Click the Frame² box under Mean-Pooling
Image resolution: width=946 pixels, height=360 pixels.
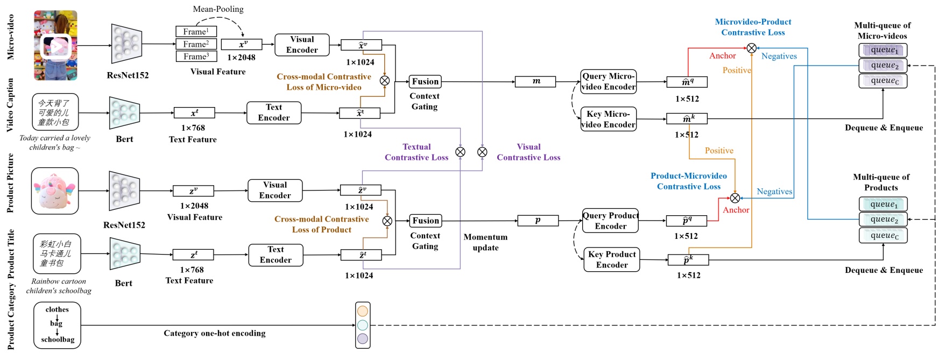[196, 44]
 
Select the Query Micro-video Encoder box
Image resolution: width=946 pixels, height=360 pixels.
[609, 82]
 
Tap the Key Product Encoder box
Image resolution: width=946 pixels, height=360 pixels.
[612, 259]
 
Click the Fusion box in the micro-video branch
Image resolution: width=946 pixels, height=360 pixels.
[425, 82]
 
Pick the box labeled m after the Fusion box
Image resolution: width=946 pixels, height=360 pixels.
[536, 81]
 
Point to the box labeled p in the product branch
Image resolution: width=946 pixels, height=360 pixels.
[538, 220]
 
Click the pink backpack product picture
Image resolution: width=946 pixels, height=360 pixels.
[55, 190]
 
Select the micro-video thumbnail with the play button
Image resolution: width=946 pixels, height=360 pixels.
[55, 46]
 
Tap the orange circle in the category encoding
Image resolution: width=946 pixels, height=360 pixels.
[363, 311]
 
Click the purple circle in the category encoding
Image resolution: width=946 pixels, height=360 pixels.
[363, 338]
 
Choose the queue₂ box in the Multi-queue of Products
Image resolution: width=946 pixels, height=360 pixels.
[883, 220]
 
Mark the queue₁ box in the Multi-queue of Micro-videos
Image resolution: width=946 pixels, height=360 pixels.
[883, 50]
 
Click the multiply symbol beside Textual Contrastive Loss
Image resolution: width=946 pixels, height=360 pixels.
[461, 152]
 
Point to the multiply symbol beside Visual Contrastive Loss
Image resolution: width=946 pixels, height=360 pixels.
[482, 152]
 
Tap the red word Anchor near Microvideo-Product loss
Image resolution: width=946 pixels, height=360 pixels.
[722, 56]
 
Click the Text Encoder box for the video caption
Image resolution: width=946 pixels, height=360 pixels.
[274, 112]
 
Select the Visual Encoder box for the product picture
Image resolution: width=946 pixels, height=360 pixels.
[275, 190]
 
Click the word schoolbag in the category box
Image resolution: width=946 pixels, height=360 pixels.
[58, 340]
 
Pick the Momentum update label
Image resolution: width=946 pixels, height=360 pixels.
[485, 242]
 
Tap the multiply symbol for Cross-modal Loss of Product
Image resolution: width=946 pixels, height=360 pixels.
[387, 221]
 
